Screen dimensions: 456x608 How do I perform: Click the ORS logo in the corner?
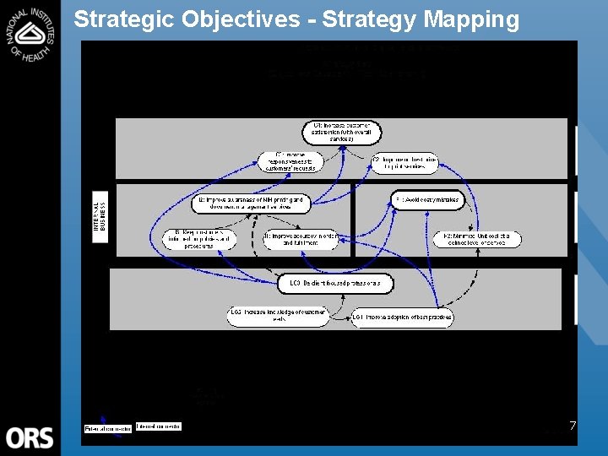(x=30, y=437)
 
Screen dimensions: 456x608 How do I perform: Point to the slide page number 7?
(x=572, y=426)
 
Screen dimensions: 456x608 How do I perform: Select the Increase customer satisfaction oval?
(x=342, y=133)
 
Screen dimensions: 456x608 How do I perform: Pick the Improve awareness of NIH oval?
(x=251, y=203)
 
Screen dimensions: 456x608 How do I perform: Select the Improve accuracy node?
(x=300, y=240)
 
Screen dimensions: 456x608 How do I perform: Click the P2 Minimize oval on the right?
(x=477, y=239)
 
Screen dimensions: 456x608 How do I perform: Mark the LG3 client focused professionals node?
(x=335, y=284)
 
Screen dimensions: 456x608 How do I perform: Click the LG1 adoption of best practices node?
(x=403, y=318)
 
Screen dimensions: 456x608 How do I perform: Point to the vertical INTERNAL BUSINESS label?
(x=100, y=216)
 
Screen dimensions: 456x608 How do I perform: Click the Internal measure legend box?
(x=158, y=428)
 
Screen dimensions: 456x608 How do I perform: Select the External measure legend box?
(x=107, y=428)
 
